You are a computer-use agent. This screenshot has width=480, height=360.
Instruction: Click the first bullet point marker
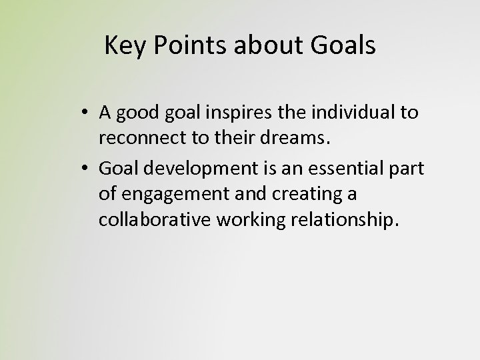tap(88, 113)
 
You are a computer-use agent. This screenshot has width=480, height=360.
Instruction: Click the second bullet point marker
tap(88, 169)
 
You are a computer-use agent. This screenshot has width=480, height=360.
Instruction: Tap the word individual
tap(342, 113)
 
